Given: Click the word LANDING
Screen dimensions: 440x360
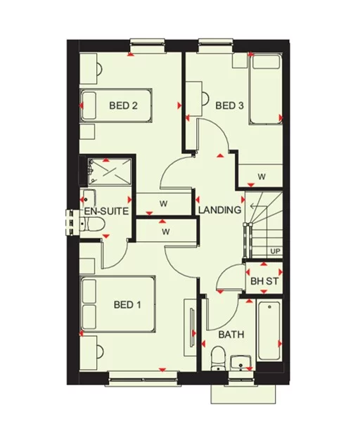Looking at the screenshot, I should tap(220, 209).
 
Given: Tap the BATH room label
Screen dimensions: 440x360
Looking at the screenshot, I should tap(231, 335).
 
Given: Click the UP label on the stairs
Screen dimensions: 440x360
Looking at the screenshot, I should tap(275, 251).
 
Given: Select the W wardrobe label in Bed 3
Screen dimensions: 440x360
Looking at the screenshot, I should tap(261, 176).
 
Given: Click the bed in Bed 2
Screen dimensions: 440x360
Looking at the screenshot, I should tap(117, 106).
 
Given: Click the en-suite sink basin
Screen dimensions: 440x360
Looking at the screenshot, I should tap(88, 197).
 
